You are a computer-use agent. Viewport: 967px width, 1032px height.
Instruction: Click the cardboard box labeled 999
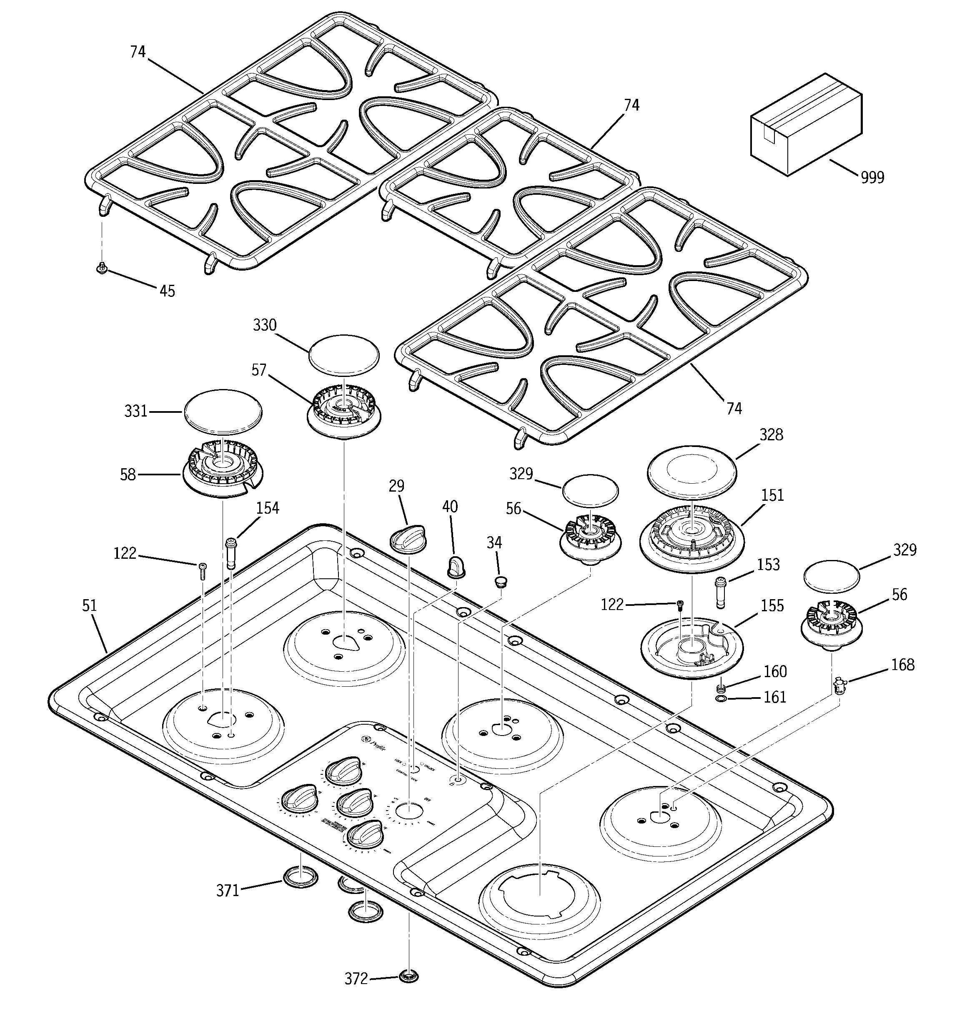(806, 125)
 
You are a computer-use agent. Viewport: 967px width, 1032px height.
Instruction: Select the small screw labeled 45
(102, 268)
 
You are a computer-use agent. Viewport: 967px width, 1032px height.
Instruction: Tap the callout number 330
(264, 326)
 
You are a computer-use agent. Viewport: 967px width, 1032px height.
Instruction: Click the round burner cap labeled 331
(222, 411)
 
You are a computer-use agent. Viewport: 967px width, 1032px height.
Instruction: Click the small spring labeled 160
(720, 688)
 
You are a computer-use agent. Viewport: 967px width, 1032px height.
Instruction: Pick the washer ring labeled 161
(720, 699)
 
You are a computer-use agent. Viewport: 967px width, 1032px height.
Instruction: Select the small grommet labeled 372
(409, 975)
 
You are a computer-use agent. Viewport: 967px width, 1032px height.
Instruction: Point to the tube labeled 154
(230, 553)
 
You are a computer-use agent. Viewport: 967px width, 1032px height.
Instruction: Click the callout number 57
(258, 370)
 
